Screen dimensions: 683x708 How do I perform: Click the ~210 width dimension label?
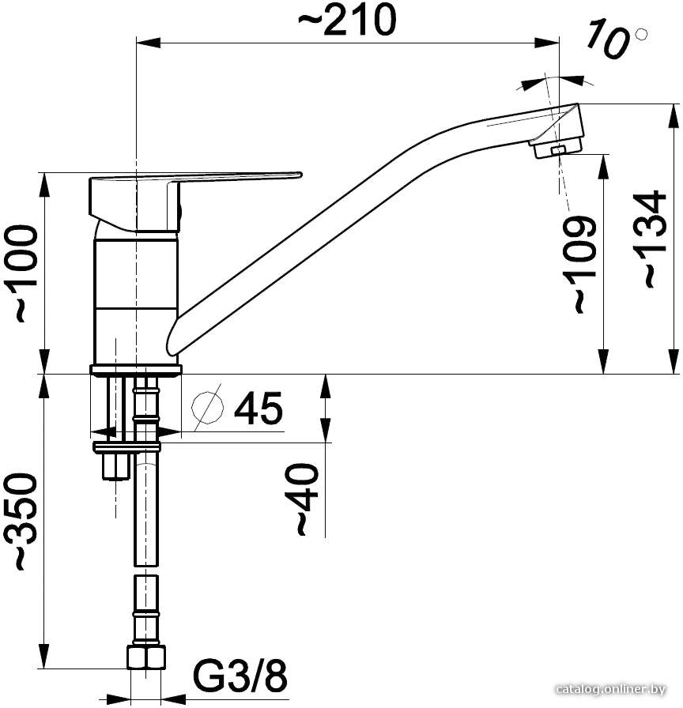(347, 21)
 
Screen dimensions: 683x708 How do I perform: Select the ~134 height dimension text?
(653, 239)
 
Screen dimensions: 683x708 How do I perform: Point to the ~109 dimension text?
(583, 264)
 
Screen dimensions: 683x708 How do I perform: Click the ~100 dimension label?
(26, 273)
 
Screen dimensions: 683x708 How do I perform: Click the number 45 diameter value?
(258, 408)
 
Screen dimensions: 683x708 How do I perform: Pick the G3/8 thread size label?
(240, 676)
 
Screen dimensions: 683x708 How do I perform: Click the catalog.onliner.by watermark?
(611, 690)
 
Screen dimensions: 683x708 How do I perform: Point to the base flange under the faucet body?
(136, 369)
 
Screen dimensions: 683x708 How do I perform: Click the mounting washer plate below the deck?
(126, 447)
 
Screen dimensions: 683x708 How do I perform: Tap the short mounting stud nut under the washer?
(116, 466)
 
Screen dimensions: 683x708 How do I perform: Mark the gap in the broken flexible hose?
(146, 571)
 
